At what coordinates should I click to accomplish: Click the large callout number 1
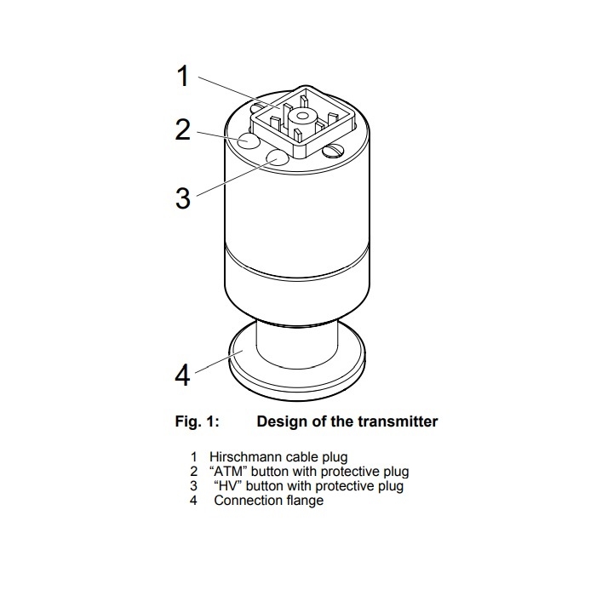pos(183,76)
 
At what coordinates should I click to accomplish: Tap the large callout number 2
pos(183,129)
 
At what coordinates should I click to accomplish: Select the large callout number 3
pos(183,198)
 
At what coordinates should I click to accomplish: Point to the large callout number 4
pos(182,375)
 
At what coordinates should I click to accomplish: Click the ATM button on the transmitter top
pos(249,141)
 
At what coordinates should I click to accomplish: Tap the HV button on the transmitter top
pos(278,158)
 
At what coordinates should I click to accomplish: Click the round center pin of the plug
pos(301,117)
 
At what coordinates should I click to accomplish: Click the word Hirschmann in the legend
pos(244,456)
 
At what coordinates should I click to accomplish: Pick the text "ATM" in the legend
pos(228,472)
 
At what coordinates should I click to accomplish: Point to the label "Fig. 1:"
pos(197,421)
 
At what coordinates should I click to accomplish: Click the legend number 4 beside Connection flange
pos(193,501)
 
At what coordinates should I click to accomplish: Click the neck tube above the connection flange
pos(297,344)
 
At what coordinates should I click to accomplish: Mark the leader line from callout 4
pos(219,362)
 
